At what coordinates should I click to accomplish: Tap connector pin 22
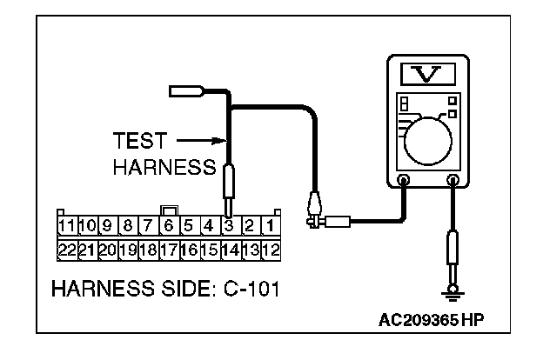[66, 249]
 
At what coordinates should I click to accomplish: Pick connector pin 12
[270, 249]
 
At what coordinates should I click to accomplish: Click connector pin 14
[229, 249]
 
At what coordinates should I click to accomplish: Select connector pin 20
[107, 249]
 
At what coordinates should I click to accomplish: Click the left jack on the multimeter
[404, 181]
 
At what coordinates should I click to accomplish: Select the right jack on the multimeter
[452, 181]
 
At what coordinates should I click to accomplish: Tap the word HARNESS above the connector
[162, 167]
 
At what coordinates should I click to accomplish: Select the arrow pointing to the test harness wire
[202, 140]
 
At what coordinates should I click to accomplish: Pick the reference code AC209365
[419, 320]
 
